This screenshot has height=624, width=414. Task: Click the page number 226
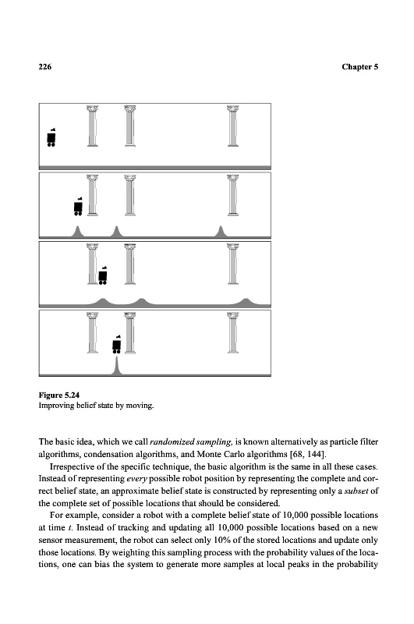pos(45,67)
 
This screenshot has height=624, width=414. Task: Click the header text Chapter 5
pos(359,67)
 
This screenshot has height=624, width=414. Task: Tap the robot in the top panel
pos(51,137)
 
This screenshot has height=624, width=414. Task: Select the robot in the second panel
pos(78,206)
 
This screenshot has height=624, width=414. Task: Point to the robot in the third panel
pos(103,275)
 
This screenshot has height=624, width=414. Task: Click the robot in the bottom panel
pos(116,344)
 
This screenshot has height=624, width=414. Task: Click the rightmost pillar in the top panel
pos(233,126)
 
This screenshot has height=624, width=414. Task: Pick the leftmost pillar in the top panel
pos(93,126)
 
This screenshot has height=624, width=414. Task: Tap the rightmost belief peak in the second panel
pos(221,232)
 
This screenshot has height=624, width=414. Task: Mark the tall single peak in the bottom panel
pos(116,367)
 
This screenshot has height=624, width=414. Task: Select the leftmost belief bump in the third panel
pos(103,302)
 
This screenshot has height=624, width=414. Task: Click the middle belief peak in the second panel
pos(116,232)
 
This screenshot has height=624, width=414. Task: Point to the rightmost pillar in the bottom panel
pos(233,333)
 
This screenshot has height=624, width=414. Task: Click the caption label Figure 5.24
pos(58,395)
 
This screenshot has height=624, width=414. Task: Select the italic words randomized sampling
pos(191,441)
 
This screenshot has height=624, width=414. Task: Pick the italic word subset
pos(356,491)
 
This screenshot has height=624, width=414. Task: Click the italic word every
pos(136,479)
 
